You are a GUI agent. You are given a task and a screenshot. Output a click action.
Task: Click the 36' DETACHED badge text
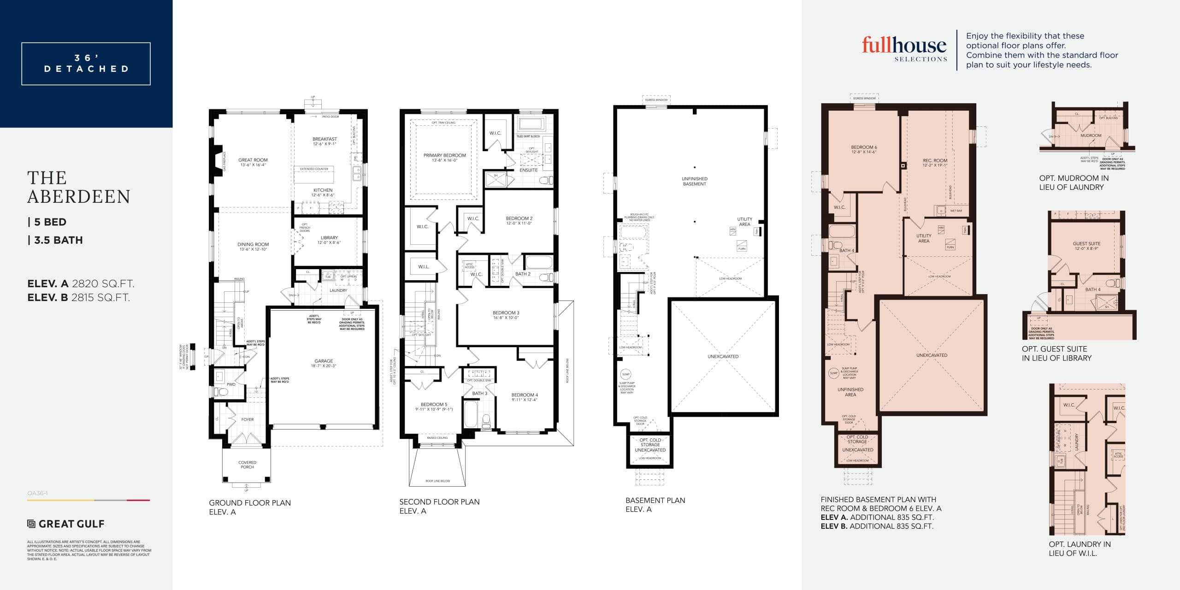pyautogui.click(x=86, y=64)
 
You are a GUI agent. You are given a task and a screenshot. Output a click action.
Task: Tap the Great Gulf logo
pyautogui.click(x=66, y=524)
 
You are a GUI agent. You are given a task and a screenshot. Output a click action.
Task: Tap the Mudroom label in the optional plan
pyautogui.click(x=1091, y=136)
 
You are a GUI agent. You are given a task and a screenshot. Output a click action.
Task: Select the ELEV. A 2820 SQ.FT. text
pyautogui.click(x=81, y=284)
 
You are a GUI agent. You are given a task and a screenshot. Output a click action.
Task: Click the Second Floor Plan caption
pyautogui.click(x=439, y=502)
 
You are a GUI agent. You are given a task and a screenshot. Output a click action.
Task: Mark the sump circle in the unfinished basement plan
pyautogui.click(x=625, y=374)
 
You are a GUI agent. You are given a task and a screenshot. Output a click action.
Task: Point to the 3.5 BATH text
pyautogui.click(x=55, y=240)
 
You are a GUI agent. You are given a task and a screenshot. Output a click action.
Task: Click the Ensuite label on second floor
pyautogui.click(x=528, y=170)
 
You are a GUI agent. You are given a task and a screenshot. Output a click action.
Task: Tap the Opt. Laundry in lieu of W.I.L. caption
pyautogui.click(x=1080, y=549)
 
